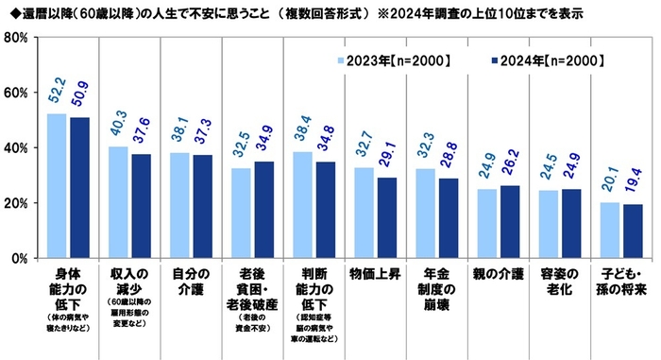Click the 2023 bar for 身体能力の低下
point(59,186)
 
